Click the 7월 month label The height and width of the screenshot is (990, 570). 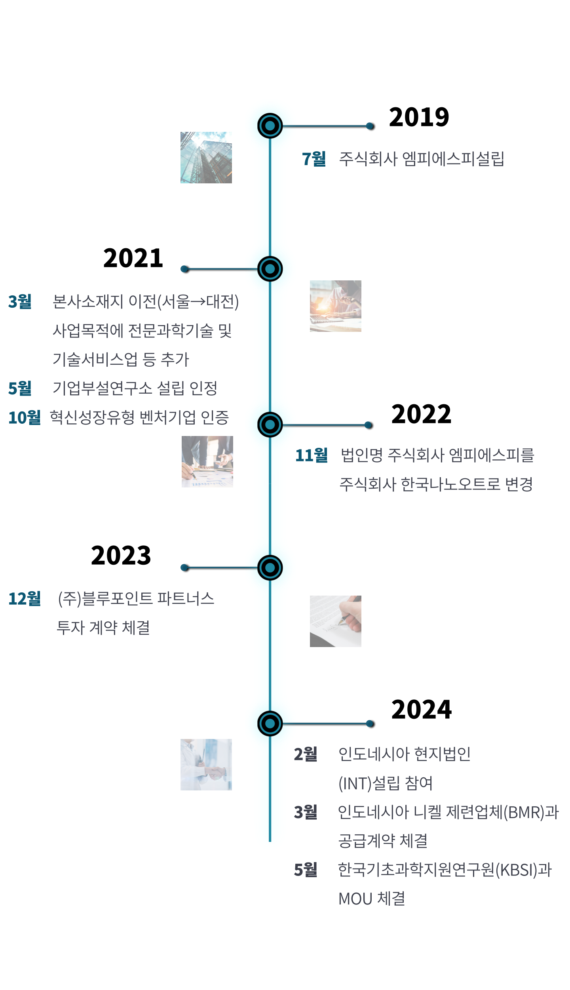coord(313,159)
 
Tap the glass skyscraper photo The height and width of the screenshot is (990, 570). coord(206,158)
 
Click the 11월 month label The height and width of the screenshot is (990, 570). coord(312,455)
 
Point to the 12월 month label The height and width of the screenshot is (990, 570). coord(25,599)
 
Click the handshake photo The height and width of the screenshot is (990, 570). coord(206,765)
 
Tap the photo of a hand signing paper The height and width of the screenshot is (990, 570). coord(336,621)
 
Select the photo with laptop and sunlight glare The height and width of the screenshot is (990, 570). coord(336,306)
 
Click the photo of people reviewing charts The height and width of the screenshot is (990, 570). coord(207,462)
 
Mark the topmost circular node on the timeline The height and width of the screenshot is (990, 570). coord(270,126)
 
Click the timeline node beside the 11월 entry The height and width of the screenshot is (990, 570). coord(270,425)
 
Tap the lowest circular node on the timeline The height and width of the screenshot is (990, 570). coord(270,723)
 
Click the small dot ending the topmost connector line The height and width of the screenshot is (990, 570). coord(369,126)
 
